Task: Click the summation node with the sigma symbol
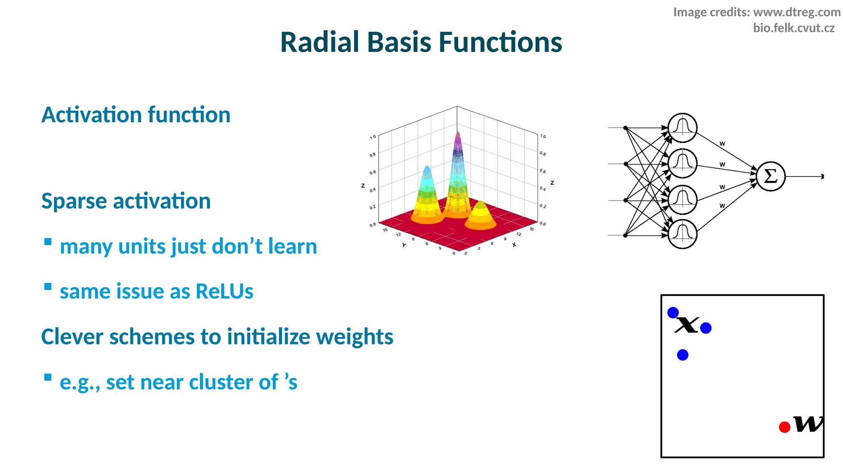click(771, 177)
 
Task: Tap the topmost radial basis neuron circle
click(682, 128)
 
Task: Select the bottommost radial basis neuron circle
click(682, 234)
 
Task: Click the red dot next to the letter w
click(785, 427)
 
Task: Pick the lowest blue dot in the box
click(682, 355)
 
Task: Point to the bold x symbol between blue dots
click(687, 325)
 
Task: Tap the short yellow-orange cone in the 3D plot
click(480, 216)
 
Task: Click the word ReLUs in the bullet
click(224, 291)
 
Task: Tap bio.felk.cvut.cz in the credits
click(793, 28)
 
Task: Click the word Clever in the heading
click(72, 337)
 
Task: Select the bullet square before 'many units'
click(48, 242)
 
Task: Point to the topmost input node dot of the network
click(625, 128)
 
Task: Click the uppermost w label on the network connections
click(722, 144)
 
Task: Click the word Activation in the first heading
click(91, 115)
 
